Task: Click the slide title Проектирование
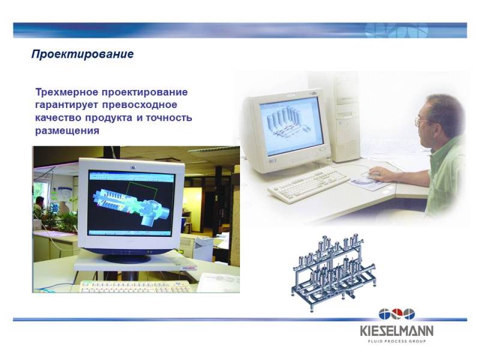pos(82,54)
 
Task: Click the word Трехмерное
pos(67,92)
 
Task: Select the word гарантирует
pos(67,105)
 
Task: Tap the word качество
pos(58,118)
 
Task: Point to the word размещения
pos(67,131)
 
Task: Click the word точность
pos(169,118)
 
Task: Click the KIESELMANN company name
pos(397,331)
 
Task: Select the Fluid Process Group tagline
pos(397,341)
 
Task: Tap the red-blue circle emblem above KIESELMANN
pos(397,314)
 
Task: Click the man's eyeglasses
pos(422,122)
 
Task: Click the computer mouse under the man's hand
pos(371,175)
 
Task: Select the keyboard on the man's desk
pos(308,185)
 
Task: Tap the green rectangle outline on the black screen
pos(142,192)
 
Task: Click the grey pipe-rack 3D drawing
pos(334,272)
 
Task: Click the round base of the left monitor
pos(127,258)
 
